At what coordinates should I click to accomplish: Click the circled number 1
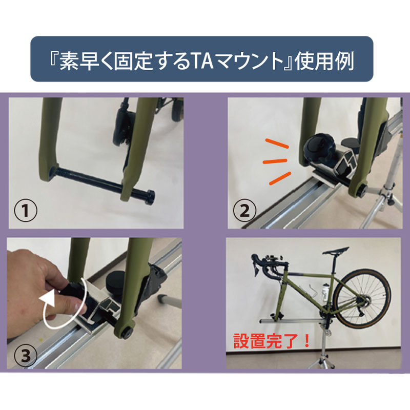tap(25, 211)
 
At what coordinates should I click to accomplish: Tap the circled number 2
tap(244, 211)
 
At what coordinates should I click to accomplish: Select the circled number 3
tap(25, 356)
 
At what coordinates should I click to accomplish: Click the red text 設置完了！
tap(272, 340)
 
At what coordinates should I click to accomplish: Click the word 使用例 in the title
tap(325, 60)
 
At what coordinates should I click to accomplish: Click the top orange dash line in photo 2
tap(277, 143)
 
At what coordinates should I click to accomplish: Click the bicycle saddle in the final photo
tap(336, 251)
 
